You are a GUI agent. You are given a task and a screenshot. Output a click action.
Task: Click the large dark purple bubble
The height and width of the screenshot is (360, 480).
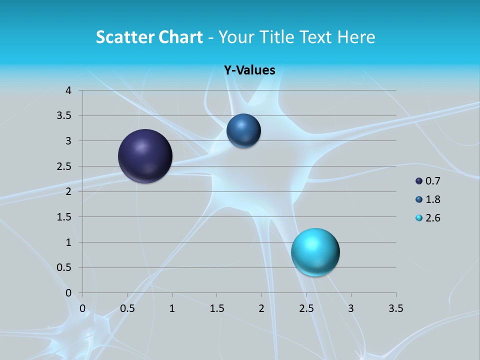[145, 156]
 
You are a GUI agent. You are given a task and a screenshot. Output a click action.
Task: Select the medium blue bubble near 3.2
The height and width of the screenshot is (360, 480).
[243, 131]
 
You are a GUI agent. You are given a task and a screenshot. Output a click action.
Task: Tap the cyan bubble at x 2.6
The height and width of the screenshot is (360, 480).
[315, 252]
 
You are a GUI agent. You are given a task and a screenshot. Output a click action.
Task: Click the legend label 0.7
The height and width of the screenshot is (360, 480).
[433, 181]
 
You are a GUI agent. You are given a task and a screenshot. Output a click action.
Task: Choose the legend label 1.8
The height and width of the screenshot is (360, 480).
[433, 199]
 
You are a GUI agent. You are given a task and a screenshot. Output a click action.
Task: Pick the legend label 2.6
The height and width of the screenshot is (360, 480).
[433, 218]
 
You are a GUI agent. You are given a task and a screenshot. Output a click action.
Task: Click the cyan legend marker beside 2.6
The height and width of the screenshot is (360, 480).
[419, 218]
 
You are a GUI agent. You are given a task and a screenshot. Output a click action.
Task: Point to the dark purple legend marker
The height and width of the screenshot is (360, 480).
[419, 181]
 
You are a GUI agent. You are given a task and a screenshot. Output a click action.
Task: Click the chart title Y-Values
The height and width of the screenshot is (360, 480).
[249, 70]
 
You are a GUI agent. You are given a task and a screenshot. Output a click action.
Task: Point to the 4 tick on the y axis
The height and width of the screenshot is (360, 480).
[69, 90]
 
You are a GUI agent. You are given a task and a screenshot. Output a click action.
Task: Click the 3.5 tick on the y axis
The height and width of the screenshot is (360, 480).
[65, 115]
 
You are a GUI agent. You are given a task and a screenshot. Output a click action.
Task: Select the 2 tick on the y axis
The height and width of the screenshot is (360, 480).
[69, 191]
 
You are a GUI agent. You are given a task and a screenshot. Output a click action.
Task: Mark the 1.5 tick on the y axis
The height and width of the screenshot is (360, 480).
[65, 217]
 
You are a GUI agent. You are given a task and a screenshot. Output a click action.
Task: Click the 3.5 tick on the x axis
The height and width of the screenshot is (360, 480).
[395, 308]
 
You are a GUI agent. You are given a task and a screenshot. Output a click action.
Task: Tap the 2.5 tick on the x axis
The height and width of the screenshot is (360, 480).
[306, 308]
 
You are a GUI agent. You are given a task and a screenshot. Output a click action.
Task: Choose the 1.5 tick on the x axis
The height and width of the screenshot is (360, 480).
[216, 308]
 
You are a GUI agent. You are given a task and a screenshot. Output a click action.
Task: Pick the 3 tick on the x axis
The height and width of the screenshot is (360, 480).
[351, 308]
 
